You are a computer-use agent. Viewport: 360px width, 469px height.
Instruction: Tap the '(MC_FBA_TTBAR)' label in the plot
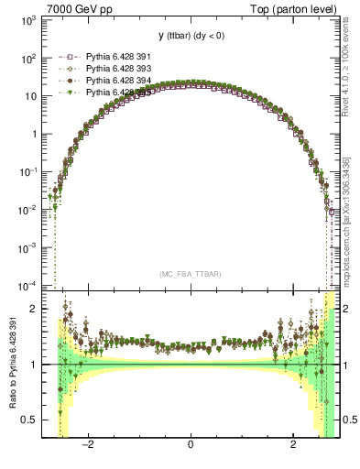pos(190,274)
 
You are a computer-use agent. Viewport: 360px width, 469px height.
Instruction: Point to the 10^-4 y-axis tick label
pos(27,285)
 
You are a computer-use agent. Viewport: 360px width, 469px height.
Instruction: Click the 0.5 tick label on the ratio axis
pos(29,420)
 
